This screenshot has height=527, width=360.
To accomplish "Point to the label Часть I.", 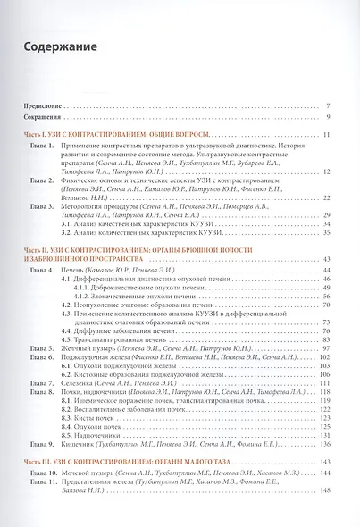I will [x=38, y=135].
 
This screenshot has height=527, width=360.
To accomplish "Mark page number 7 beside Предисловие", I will [x=330, y=106].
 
